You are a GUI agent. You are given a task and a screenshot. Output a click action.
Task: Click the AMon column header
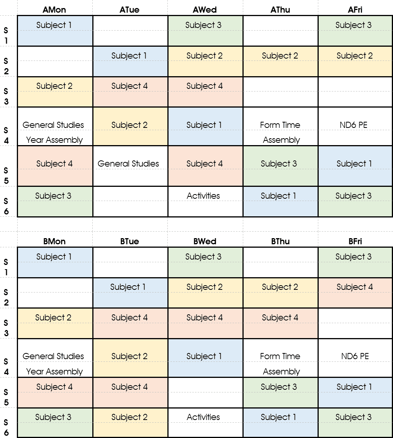(54, 10)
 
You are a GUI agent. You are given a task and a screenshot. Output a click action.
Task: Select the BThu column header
(280, 241)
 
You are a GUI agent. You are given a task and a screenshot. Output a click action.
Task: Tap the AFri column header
(355, 10)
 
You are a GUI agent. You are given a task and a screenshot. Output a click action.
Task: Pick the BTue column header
(129, 241)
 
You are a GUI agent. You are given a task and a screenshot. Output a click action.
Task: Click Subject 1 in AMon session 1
(54, 25)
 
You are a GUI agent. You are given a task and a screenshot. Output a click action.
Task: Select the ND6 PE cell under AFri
(353, 125)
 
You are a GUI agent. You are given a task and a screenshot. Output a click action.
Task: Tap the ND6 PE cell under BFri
(355, 356)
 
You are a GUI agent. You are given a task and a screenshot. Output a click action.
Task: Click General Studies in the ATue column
(128, 163)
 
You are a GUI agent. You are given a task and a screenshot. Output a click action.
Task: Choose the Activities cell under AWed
(203, 196)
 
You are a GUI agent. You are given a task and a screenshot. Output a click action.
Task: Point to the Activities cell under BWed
(203, 417)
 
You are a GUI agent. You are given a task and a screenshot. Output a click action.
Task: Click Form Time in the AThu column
(280, 125)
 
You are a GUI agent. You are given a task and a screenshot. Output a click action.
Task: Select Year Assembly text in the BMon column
(54, 371)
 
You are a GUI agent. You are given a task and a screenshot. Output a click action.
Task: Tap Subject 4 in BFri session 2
(355, 287)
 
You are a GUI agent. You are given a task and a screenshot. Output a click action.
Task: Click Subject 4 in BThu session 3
(280, 318)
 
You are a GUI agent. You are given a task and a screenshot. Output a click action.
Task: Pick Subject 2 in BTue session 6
(129, 417)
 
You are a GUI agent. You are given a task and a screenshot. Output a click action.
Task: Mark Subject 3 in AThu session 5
(279, 163)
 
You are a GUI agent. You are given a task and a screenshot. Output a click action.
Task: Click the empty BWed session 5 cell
(205, 392)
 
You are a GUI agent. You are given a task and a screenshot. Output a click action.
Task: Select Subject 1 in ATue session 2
(129, 56)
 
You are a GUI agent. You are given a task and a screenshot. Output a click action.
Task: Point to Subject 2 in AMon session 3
(54, 86)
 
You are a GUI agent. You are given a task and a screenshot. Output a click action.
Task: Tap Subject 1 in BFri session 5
(354, 387)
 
